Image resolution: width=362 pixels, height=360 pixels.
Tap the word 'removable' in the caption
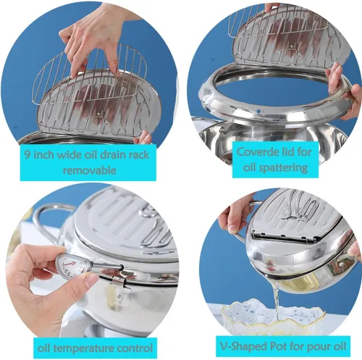[90, 170]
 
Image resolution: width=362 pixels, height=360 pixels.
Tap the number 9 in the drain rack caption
[28, 155]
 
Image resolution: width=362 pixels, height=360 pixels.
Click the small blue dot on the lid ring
[258, 112]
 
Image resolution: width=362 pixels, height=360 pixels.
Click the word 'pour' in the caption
[319, 347]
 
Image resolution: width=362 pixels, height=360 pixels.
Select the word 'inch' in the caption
[43, 154]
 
